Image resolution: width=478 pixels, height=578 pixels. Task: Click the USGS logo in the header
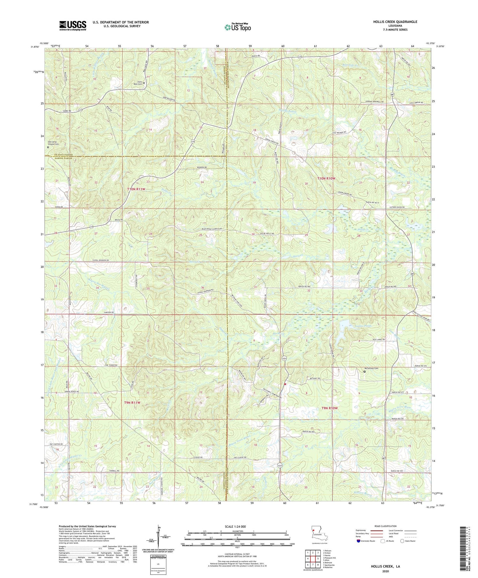click(73, 26)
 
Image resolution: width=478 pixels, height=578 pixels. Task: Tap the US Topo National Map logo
click(237, 27)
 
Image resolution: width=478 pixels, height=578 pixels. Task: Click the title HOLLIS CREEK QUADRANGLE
click(395, 22)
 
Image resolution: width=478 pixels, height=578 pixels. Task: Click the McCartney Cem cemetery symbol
click(365, 371)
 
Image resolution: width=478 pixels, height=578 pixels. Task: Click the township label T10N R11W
click(136, 189)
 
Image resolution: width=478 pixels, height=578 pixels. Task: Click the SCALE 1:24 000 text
click(237, 526)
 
